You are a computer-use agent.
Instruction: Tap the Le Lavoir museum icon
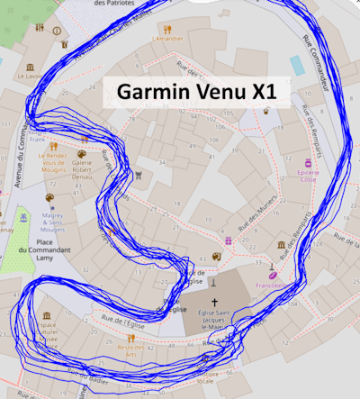(32, 68)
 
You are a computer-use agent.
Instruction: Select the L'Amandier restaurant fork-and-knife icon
(166, 27)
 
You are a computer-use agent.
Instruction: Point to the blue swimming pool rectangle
(297, 64)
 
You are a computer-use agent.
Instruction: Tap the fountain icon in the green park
(21, 219)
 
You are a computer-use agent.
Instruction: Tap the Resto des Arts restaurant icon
(130, 335)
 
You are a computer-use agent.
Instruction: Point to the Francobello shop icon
(271, 273)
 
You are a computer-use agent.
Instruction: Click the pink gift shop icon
(229, 240)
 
